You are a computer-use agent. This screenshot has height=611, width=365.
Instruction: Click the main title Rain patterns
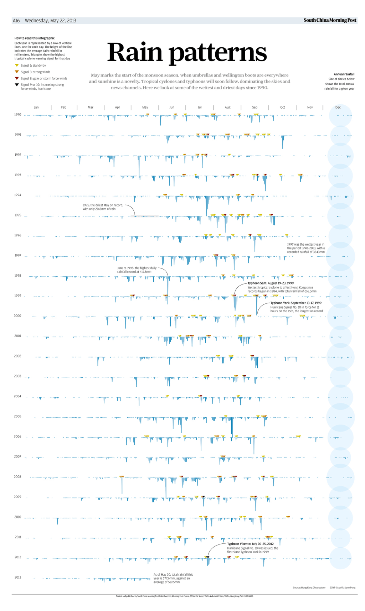[x=187, y=52]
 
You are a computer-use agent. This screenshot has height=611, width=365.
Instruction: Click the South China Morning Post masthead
[x=330, y=20]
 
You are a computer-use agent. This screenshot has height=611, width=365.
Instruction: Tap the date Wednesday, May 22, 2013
[x=50, y=21]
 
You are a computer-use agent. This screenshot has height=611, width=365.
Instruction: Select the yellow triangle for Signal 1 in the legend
[x=17, y=66]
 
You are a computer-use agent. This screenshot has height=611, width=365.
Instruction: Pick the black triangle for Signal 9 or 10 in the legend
[x=17, y=85]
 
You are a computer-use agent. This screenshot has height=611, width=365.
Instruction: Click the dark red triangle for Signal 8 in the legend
[x=17, y=78]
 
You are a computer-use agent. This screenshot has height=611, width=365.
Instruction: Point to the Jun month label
[x=172, y=107]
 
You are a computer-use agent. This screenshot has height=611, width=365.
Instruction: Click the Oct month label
[x=282, y=107]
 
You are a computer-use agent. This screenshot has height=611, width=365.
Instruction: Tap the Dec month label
[x=338, y=107]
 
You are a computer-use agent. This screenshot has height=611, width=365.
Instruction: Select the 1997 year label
[x=18, y=256]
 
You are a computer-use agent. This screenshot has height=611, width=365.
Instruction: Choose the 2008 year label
[x=18, y=477]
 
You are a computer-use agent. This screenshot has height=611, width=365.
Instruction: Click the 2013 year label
[x=18, y=578]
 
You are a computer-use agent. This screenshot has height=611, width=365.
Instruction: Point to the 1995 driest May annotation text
[x=103, y=207]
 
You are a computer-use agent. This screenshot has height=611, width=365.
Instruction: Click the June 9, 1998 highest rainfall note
[x=137, y=270]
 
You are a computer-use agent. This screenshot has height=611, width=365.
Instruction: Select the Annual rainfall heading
[x=344, y=74]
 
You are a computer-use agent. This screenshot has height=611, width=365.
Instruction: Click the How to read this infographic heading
[x=35, y=38]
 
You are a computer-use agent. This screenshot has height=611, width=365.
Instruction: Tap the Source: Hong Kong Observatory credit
[x=309, y=588]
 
